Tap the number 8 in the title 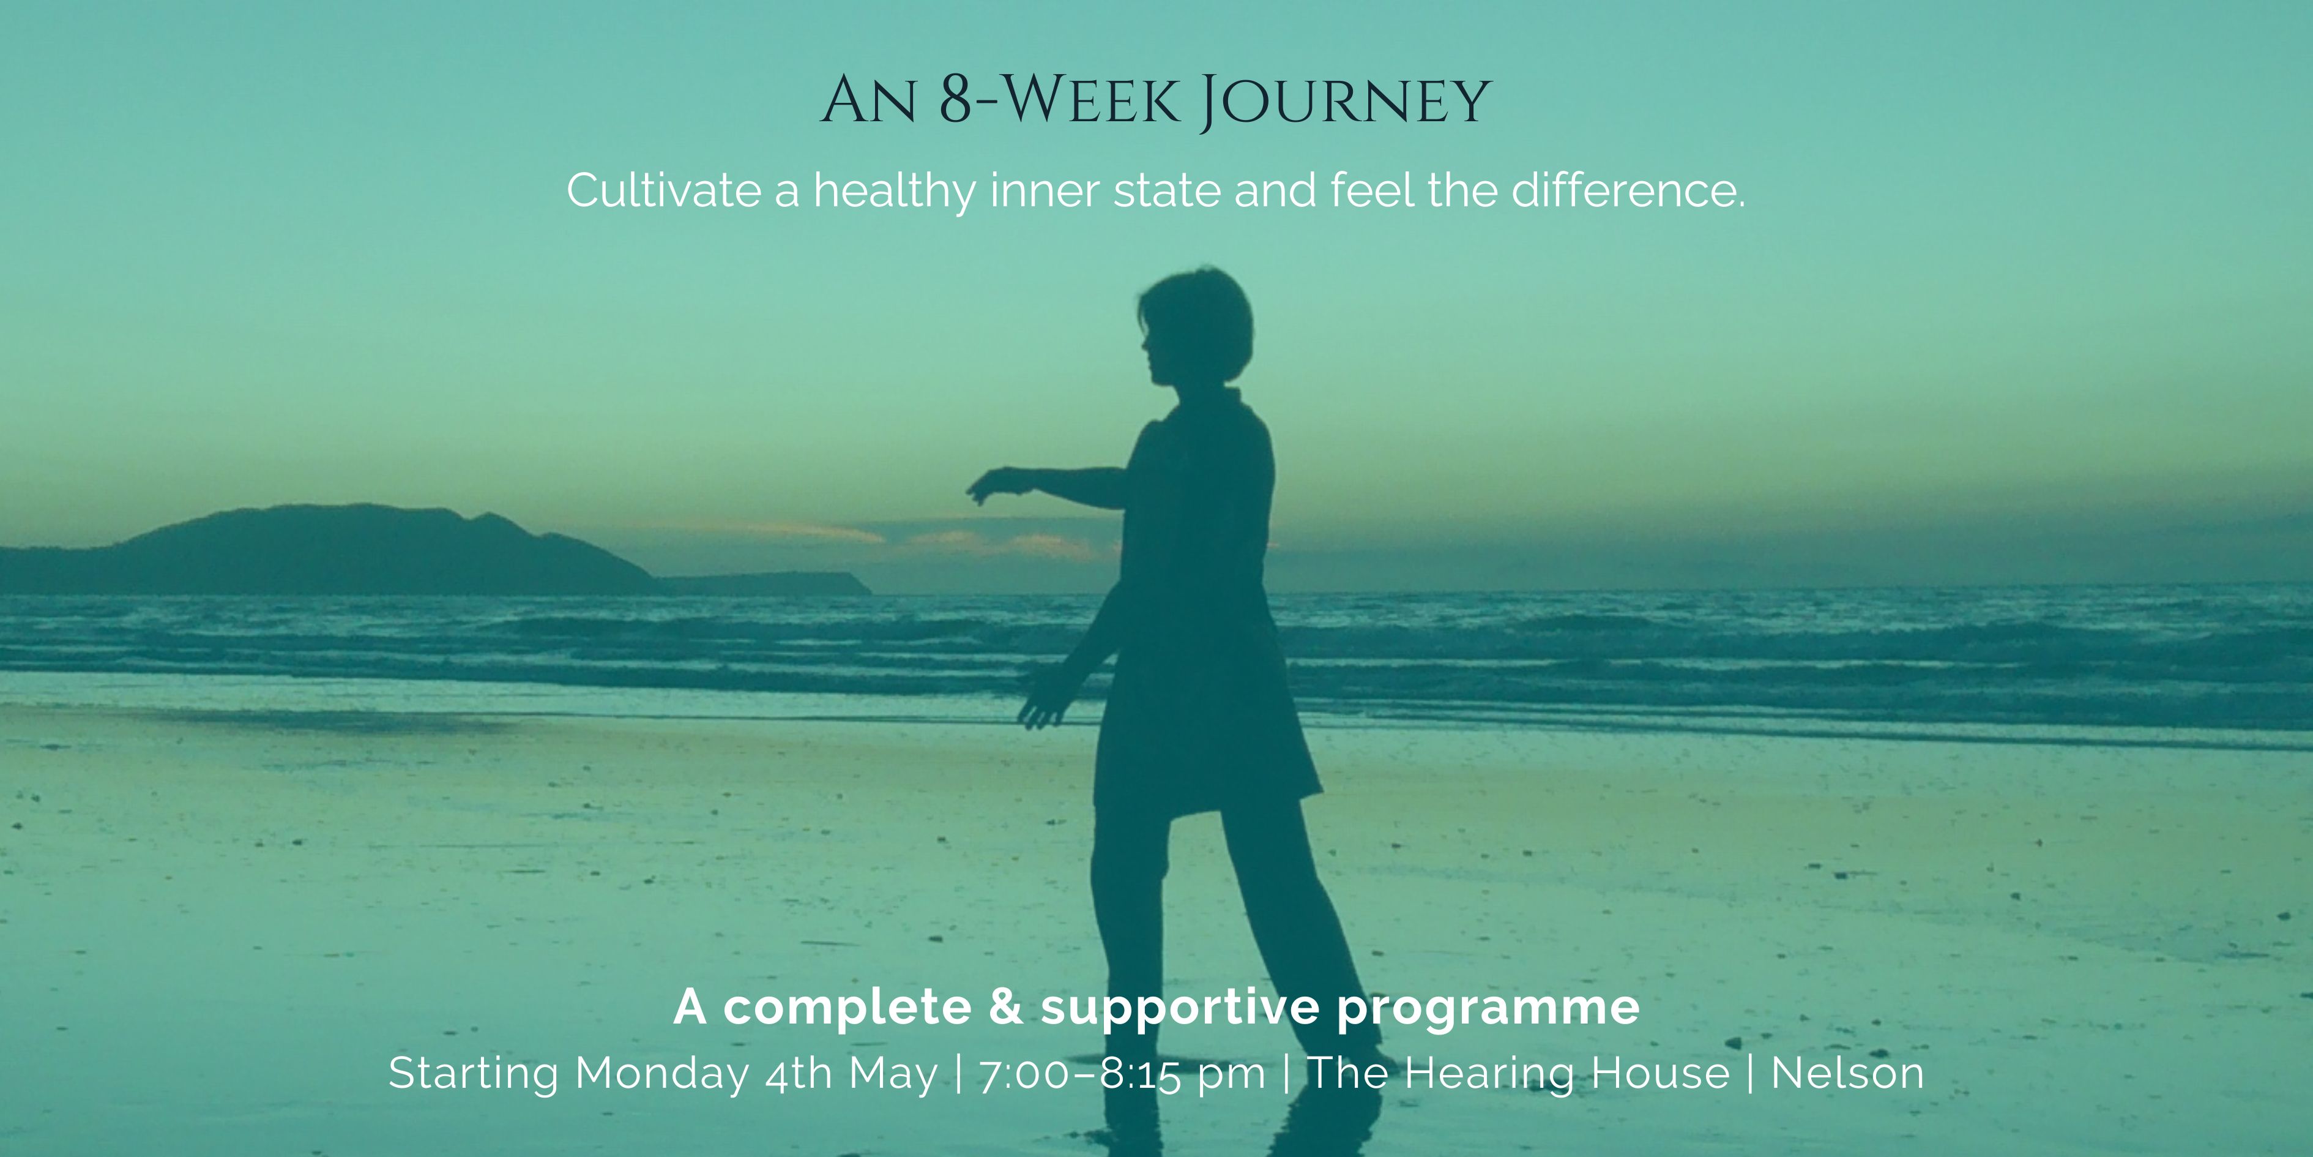pos(957,100)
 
